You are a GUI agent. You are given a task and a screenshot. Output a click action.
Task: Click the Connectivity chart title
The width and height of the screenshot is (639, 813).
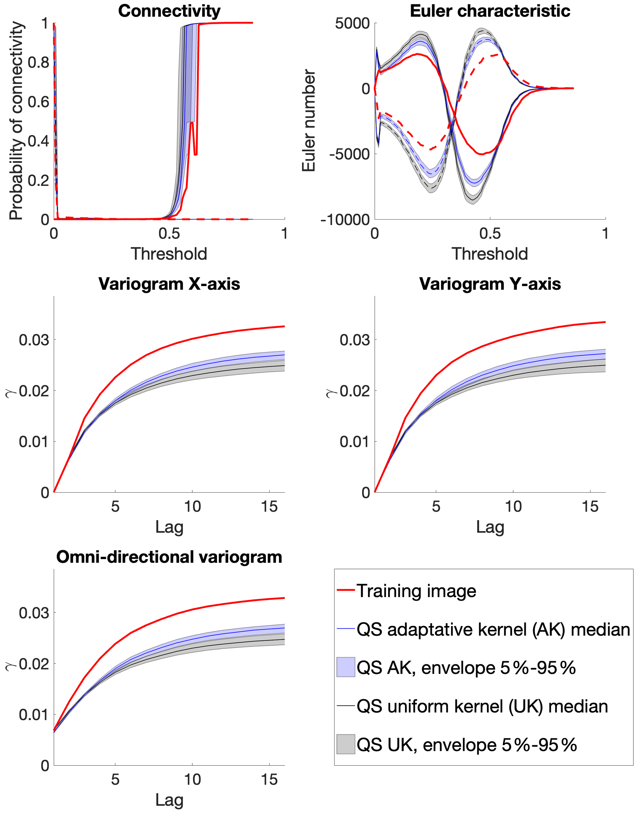tap(169, 11)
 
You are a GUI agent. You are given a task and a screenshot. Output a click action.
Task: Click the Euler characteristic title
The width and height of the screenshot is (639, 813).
tap(490, 11)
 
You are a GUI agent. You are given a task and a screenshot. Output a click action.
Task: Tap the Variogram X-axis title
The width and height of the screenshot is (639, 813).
tap(169, 284)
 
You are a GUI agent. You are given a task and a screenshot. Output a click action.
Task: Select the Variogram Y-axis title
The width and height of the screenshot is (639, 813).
tap(490, 284)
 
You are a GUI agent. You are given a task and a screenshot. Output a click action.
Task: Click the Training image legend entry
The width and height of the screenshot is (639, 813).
tap(416, 591)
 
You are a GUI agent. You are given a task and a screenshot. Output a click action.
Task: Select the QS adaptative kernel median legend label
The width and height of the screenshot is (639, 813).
tap(493, 629)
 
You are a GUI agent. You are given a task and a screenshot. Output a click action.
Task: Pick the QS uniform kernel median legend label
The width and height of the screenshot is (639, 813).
tap(482, 706)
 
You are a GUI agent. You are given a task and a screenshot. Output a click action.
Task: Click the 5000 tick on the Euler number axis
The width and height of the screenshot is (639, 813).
tap(352, 24)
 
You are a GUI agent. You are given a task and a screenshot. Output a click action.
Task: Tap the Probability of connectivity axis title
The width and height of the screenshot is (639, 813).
tap(16, 121)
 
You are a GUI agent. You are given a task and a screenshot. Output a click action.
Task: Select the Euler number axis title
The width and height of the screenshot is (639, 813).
tap(309, 121)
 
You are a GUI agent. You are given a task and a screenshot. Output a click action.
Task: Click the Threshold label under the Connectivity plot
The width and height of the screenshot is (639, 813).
tap(169, 254)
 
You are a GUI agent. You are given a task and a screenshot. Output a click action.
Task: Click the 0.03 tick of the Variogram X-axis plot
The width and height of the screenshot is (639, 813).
tap(34, 340)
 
